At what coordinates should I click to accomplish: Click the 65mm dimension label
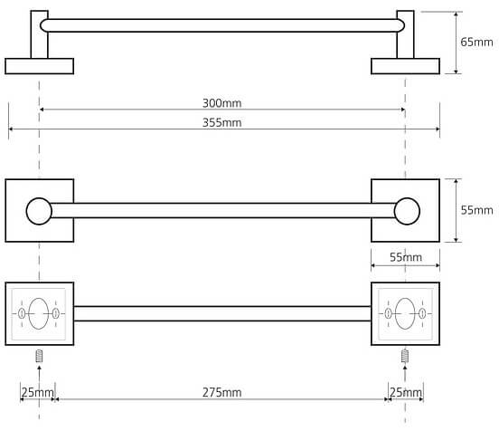tap(476, 42)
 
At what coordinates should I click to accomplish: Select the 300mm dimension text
tap(221, 103)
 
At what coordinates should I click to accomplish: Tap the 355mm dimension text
tap(221, 123)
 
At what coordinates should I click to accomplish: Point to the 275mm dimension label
tap(221, 392)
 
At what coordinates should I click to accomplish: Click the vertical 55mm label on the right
tap(476, 210)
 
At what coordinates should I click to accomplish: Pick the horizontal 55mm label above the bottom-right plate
tap(406, 257)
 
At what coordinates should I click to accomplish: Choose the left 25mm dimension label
tap(38, 392)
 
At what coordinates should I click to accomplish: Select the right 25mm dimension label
tap(406, 392)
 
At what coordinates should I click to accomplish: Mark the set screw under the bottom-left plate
tap(39, 356)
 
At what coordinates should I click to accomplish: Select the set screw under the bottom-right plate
tap(405, 356)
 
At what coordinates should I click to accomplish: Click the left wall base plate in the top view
tap(40, 66)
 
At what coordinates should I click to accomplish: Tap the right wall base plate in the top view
tap(405, 66)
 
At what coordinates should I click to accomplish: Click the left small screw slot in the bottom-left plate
tap(22, 313)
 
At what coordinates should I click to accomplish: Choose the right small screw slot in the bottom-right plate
tap(422, 313)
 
